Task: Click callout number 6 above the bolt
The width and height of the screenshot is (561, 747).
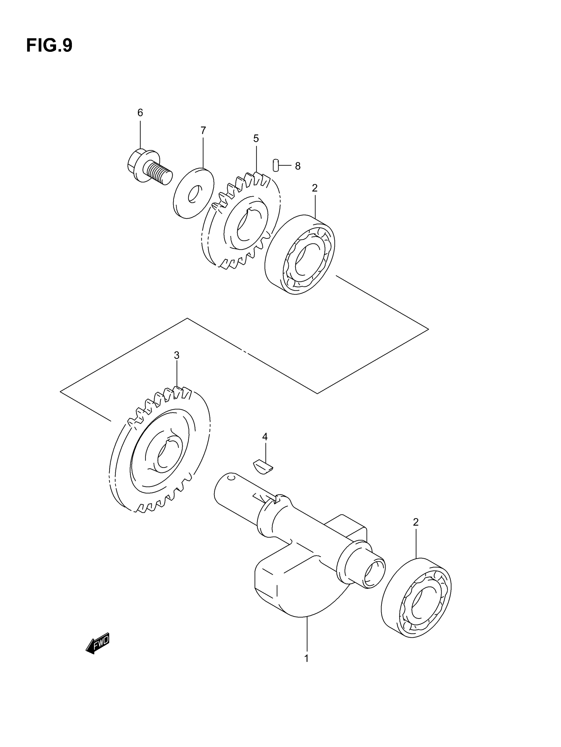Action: pyautogui.click(x=140, y=113)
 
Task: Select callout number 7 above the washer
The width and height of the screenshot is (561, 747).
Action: pyautogui.click(x=203, y=130)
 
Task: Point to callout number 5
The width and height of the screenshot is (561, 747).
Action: pyautogui.click(x=256, y=138)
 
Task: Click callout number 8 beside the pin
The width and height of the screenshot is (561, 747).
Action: pyautogui.click(x=297, y=166)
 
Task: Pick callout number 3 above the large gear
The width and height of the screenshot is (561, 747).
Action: pyautogui.click(x=177, y=355)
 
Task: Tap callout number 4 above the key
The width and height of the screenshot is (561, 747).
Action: pyautogui.click(x=265, y=437)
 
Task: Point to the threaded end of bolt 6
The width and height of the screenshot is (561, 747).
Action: pyautogui.click(x=160, y=173)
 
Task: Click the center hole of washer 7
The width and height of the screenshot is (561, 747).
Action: pyautogui.click(x=194, y=194)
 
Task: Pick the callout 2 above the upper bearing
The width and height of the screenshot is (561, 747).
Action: pyautogui.click(x=314, y=189)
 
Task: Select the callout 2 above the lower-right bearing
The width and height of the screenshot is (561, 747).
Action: pyautogui.click(x=415, y=522)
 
